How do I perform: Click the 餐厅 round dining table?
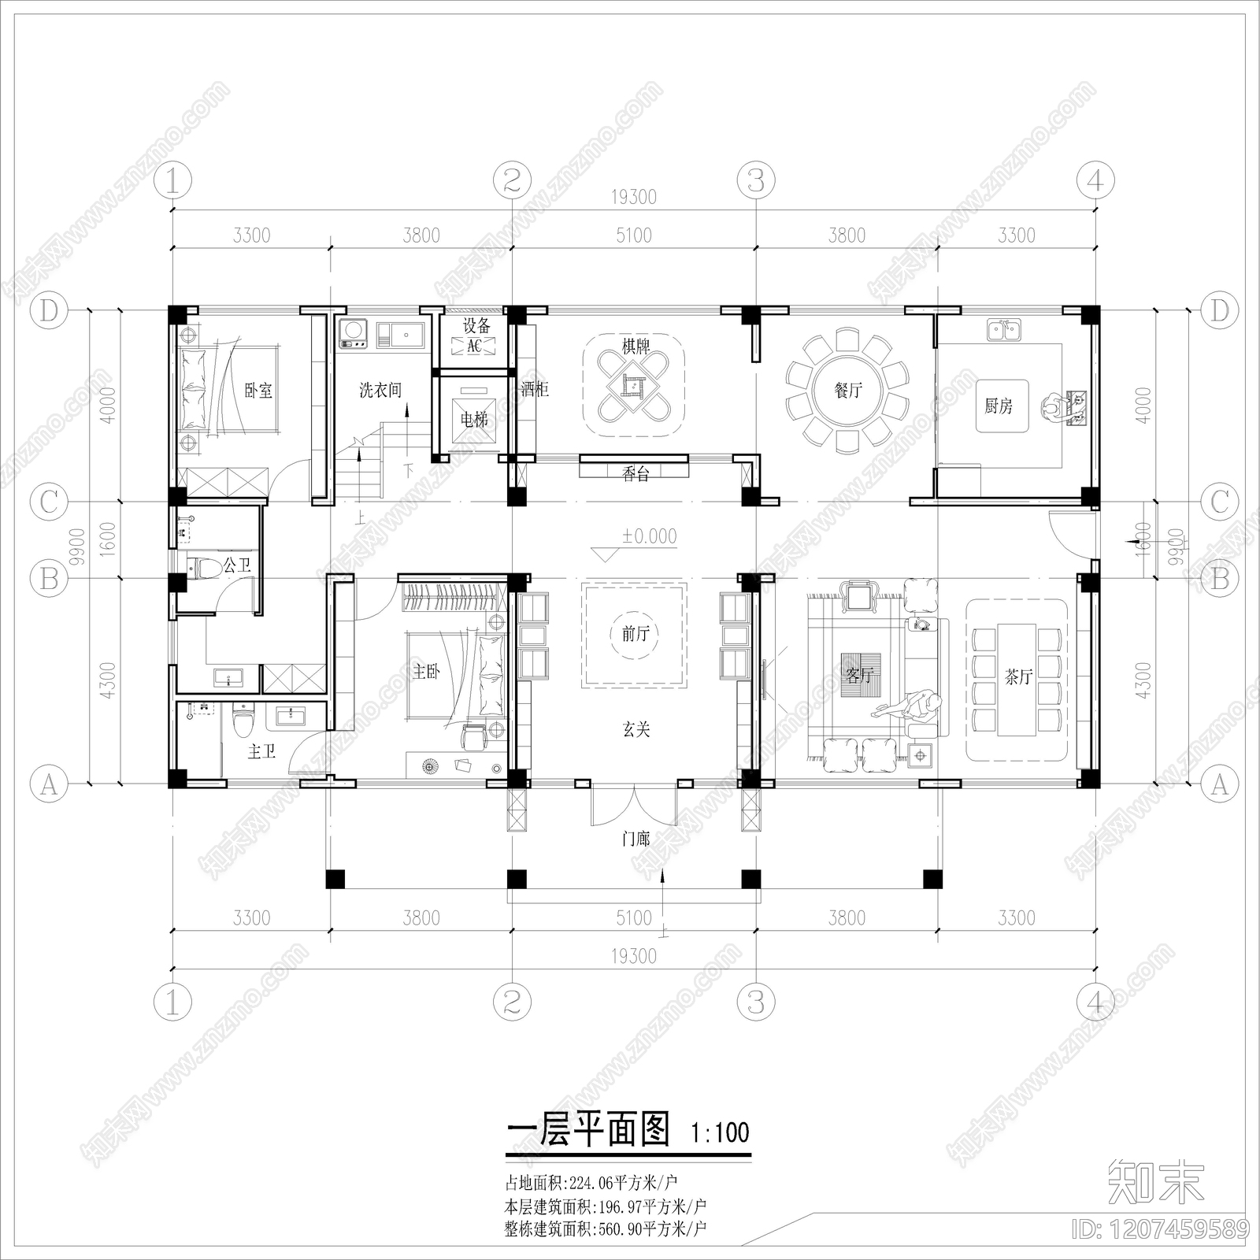click(x=847, y=390)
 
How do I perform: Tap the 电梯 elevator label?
click(x=474, y=420)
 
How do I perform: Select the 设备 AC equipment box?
click(x=475, y=346)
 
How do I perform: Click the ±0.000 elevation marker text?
click(x=649, y=536)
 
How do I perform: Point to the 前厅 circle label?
click(x=635, y=633)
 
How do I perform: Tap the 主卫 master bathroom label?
click(x=261, y=752)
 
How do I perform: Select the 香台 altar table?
click(x=635, y=472)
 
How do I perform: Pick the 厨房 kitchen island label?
click(x=999, y=406)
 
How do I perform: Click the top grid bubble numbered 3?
click(x=755, y=181)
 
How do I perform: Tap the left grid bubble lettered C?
click(x=49, y=502)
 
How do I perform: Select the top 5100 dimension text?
click(x=633, y=235)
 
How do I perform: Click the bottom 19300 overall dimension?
click(x=633, y=956)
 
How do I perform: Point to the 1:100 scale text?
click(x=720, y=1133)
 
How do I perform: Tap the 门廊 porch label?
click(x=635, y=839)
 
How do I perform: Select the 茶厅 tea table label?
click(x=1017, y=677)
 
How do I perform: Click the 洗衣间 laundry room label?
click(x=380, y=390)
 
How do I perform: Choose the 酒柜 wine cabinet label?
click(x=535, y=389)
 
